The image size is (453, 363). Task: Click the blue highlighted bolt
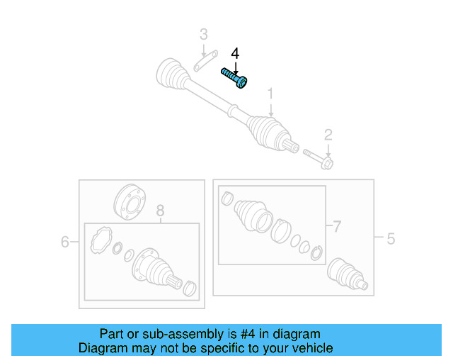click(x=234, y=77)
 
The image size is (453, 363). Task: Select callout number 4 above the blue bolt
click(x=235, y=54)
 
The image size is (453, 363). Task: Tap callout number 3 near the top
click(x=203, y=34)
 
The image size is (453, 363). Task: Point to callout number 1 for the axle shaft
click(x=270, y=94)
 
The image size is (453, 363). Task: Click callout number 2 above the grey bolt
click(x=328, y=135)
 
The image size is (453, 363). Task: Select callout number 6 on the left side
click(x=65, y=242)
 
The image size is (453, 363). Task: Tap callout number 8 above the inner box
click(x=160, y=211)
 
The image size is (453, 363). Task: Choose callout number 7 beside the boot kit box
click(x=337, y=227)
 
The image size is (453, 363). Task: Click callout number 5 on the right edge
click(x=390, y=239)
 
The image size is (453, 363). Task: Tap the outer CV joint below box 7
click(x=347, y=275)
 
